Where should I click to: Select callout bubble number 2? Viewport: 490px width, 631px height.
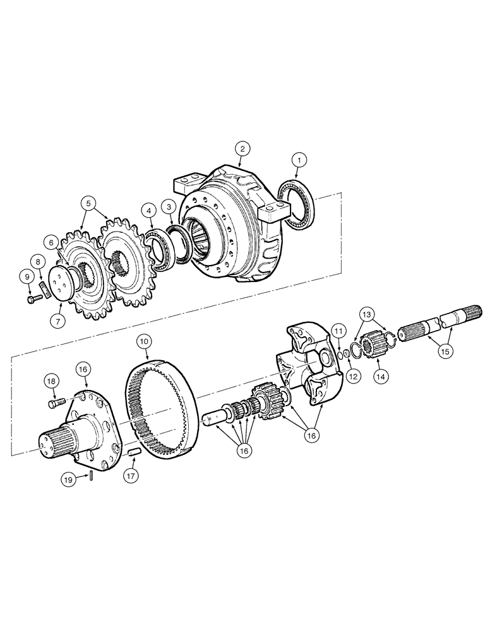click(x=242, y=148)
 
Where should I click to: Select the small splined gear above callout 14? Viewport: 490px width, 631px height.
click(x=373, y=343)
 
